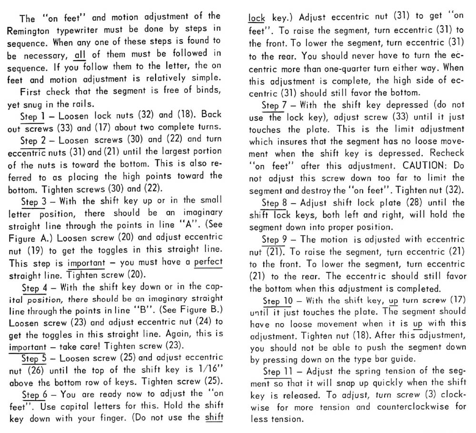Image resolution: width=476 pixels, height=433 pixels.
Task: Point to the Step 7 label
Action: coord(278,105)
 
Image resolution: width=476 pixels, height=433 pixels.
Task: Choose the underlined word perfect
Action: coord(204,262)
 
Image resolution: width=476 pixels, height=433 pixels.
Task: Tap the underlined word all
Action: coord(81,53)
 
